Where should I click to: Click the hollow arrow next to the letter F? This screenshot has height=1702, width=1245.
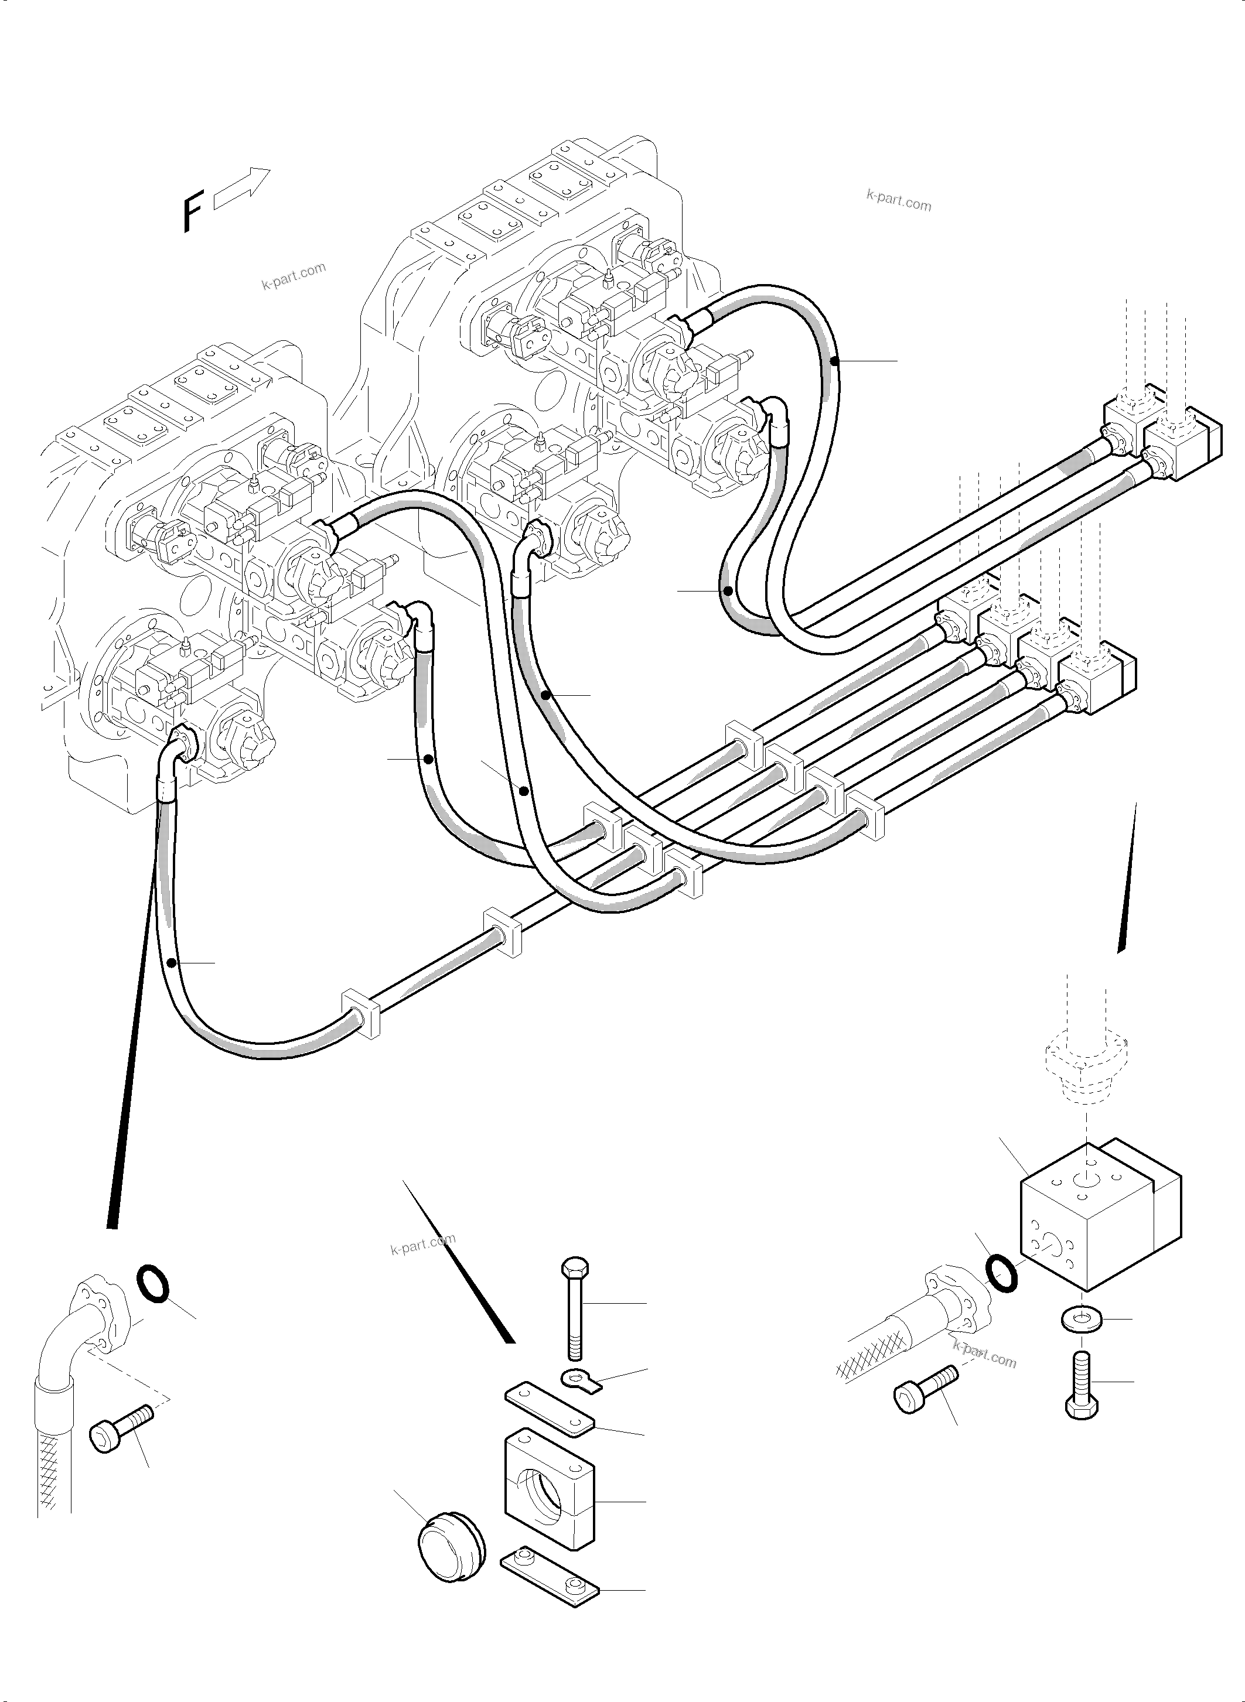(x=242, y=189)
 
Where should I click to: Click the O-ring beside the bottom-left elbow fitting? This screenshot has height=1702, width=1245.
(x=153, y=1282)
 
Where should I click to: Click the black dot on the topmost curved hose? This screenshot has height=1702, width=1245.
(x=834, y=361)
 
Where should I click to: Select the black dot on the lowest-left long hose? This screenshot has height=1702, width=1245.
(x=173, y=963)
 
